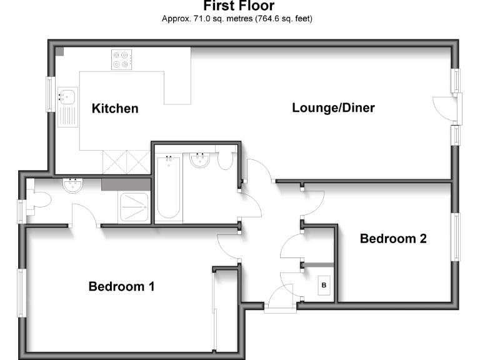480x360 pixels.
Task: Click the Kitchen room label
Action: (x=115, y=109)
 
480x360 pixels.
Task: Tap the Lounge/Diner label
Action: (x=333, y=108)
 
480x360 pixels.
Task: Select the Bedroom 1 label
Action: (x=121, y=287)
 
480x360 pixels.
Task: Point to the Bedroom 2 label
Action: (x=393, y=239)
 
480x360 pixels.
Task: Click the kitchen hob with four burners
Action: (x=121, y=59)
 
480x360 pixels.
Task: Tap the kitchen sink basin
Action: (x=66, y=97)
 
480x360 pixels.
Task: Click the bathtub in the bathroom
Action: (x=168, y=186)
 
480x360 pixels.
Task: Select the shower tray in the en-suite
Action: (x=135, y=206)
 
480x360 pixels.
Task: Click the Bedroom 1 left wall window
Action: (x=21, y=292)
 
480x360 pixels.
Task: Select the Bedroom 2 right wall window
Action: (x=456, y=237)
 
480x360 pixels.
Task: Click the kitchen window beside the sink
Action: (x=50, y=94)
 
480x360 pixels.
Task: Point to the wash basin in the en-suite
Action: (x=74, y=186)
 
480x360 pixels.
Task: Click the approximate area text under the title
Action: (x=237, y=19)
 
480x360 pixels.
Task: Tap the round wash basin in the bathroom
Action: (x=201, y=161)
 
